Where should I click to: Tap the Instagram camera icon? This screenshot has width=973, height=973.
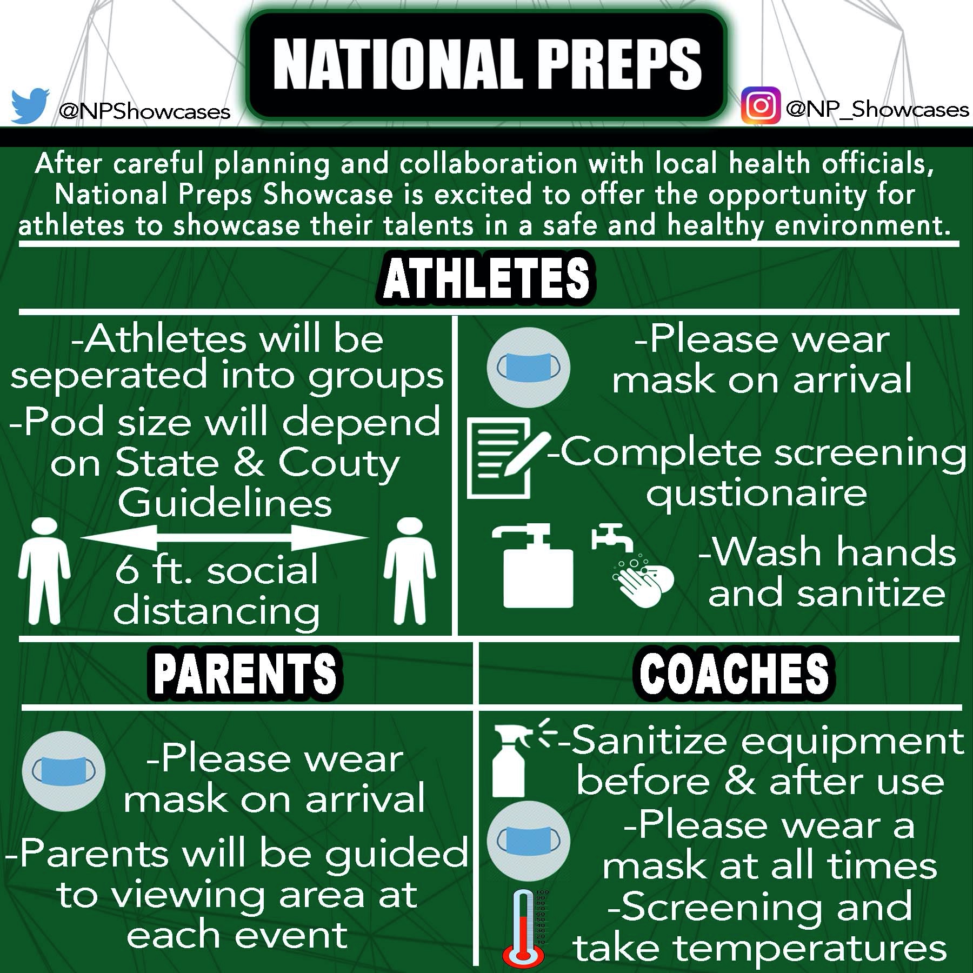coord(761,105)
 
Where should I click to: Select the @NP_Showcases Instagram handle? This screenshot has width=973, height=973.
coord(876,110)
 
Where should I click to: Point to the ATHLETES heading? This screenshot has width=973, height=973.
coord(486,278)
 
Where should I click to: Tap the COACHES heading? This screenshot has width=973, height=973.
coord(734,672)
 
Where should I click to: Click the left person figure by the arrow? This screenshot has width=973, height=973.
coord(44,571)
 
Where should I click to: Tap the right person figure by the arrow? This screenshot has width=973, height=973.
coord(409,571)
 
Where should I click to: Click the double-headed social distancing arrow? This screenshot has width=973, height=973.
coord(224,538)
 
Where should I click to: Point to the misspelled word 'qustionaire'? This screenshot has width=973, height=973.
coord(756,494)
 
